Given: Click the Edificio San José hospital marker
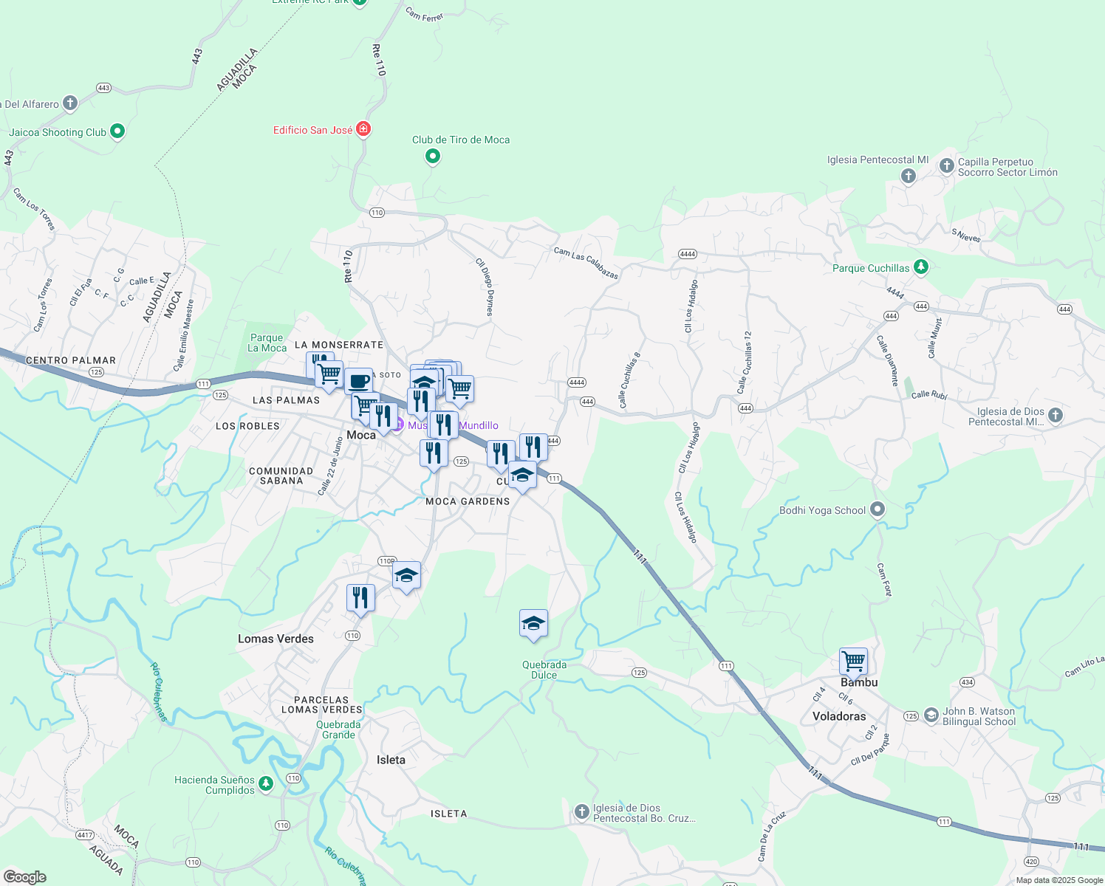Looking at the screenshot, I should tap(363, 129).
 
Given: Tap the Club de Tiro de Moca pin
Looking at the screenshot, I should tap(433, 156).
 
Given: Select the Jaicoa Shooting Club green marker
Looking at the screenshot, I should tap(117, 131).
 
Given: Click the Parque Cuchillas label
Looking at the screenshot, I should tap(871, 268).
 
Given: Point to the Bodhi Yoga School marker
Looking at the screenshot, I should tap(877, 509).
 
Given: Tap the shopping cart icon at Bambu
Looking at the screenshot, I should tap(853, 660).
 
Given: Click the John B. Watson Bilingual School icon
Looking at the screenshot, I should tap(931, 715).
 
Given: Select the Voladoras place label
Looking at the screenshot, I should tap(839, 716).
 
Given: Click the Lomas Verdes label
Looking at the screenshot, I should tap(276, 639).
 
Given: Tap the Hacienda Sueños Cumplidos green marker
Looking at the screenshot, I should tap(266, 783).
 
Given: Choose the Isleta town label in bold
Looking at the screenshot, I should tap(391, 760).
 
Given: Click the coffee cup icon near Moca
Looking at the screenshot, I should tap(358, 382).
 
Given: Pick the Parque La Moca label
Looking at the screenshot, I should tap(267, 343).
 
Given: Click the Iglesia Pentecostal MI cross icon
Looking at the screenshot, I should tap(909, 176).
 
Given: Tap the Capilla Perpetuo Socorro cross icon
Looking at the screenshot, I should tap(946, 166).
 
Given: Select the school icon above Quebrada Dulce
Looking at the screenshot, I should tap(533, 624).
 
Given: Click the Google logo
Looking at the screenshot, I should tap(25, 876).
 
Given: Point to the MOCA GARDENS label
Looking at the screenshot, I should tap(468, 501).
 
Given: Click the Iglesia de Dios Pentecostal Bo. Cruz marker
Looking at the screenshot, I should tap(581, 811).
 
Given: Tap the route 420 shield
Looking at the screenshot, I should tap(1032, 862).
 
